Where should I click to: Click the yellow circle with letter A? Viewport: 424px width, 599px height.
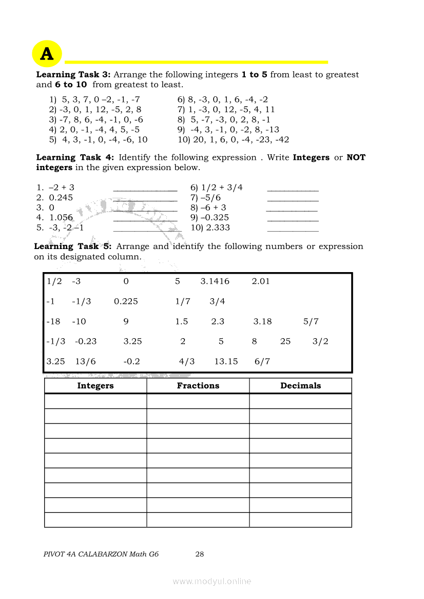coord(47,54)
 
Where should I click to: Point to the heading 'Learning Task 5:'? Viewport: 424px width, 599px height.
coord(72,246)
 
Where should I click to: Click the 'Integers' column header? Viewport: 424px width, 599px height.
coord(95,386)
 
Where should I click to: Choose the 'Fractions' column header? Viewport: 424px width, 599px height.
coord(198,386)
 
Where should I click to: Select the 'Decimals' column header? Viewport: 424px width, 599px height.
coord(300,386)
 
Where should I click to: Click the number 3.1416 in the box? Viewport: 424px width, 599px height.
coord(215,281)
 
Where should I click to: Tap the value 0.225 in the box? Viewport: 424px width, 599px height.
coord(126,301)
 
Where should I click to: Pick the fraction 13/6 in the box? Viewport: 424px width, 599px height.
coord(85,361)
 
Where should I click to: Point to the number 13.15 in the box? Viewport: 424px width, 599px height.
coord(226,361)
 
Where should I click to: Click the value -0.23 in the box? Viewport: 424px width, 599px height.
coord(86,341)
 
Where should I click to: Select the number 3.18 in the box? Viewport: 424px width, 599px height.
coord(262,322)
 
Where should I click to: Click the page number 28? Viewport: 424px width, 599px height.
coord(200,554)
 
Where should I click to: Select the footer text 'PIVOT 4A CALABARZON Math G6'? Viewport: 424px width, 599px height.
coord(101,554)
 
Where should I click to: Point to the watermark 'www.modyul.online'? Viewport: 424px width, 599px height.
coord(212,581)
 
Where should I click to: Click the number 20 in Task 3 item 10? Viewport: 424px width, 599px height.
coord(198,140)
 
